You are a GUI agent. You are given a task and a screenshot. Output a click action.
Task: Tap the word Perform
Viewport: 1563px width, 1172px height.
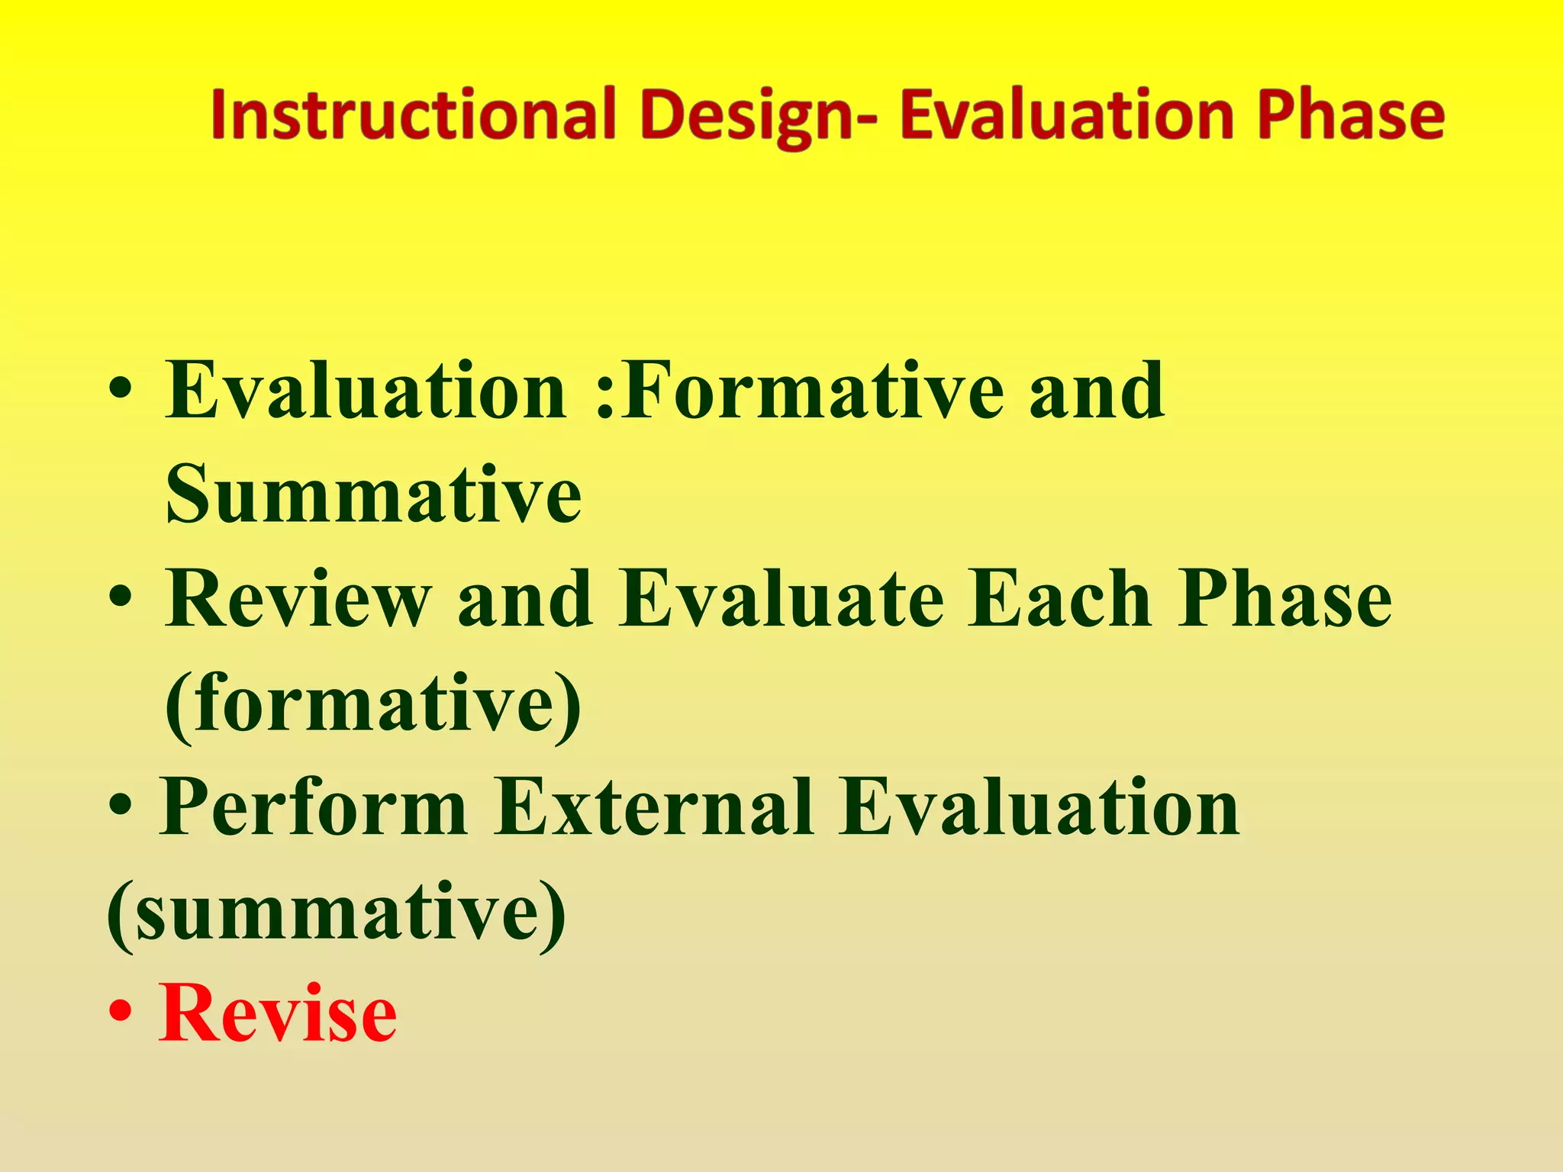[314, 807]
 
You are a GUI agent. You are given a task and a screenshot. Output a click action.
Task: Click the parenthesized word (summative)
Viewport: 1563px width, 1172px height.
[337, 913]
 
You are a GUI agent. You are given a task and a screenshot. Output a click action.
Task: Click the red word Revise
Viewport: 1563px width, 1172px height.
[278, 1015]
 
